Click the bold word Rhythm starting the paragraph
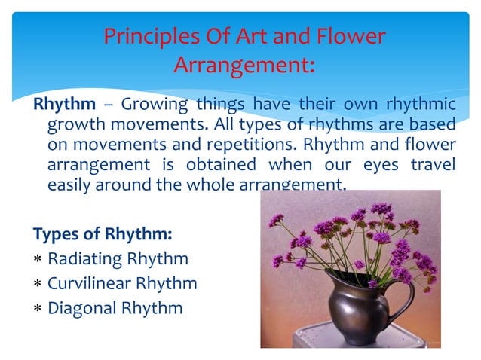click(x=65, y=104)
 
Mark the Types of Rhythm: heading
click(x=103, y=234)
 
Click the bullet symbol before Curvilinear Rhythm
click(x=38, y=284)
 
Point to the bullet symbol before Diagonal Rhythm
click(x=38, y=308)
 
